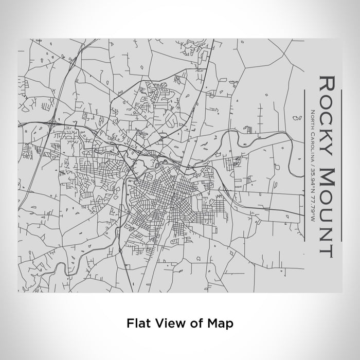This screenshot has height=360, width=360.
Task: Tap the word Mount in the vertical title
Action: point(327,211)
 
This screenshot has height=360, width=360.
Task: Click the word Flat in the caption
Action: point(136,323)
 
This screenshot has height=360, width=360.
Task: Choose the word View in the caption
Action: point(166,323)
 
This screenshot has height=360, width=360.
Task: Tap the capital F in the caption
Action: point(129,323)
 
